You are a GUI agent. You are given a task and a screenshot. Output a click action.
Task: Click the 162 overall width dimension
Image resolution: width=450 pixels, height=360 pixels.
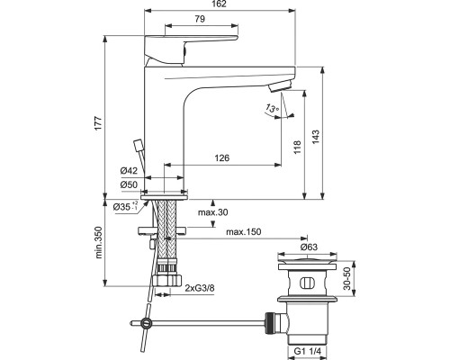click(x=220, y=4)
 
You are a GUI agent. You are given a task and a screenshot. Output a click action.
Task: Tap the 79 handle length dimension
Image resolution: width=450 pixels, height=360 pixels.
click(x=200, y=19)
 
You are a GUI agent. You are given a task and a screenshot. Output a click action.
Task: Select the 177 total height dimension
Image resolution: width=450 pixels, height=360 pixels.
click(x=99, y=123)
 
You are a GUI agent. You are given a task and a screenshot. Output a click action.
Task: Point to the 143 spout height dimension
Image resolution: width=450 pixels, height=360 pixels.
click(x=316, y=137)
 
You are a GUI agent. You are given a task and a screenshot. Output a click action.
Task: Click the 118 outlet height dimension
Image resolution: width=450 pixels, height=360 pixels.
click(x=297, y=147)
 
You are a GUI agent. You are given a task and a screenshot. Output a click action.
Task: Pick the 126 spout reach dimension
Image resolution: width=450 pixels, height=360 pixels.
click(x=222, y=157)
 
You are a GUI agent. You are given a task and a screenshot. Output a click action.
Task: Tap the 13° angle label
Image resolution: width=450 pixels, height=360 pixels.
click(x=272, y=108)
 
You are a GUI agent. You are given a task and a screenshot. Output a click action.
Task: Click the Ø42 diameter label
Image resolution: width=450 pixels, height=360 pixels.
click(x=129, y=171)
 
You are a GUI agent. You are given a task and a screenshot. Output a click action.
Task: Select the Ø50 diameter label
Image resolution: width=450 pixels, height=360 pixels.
click(x=129, y=184)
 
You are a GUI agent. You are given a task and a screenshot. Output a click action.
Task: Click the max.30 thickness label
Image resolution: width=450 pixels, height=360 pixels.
click(x=213, y=212)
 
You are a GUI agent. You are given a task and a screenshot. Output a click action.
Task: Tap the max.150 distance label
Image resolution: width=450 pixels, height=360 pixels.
click(x=244, y=232)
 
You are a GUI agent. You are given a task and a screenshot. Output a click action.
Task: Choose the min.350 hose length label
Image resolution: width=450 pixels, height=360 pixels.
click(x=99, y=242)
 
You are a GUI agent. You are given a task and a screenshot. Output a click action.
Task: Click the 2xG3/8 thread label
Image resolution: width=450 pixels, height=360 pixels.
click(x=200, y=289)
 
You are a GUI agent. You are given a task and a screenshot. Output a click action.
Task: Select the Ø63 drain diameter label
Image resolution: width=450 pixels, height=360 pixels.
click(x=309, y=247)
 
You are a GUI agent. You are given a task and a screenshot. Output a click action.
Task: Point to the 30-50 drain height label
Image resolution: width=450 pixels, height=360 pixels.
click(x=346, y=279)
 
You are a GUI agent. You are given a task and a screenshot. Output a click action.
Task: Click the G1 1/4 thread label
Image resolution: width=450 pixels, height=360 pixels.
click(x=308, y=351)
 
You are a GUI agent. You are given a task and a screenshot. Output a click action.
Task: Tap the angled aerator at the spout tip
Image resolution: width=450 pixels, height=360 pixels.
click(x=280, y=86)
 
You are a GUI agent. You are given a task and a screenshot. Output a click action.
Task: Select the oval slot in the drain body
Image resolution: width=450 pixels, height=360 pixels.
click(x=306, y=283)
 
